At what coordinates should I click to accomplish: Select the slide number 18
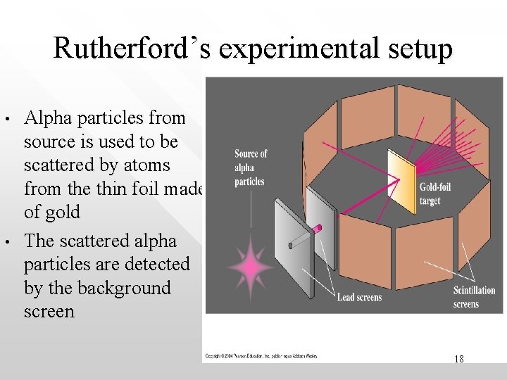click(458, 359)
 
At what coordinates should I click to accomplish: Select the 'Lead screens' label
click(359, 298)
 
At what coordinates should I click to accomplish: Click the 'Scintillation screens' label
click(475, 297)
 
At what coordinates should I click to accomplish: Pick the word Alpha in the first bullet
click(50, 118)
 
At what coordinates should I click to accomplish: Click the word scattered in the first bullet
click(61, 165)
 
